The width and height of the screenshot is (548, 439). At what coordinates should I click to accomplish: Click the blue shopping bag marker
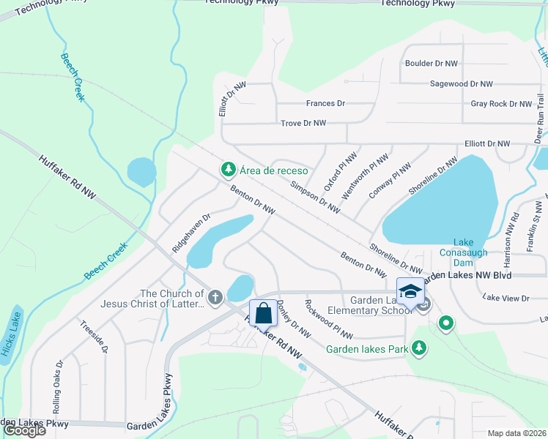click(263, 313)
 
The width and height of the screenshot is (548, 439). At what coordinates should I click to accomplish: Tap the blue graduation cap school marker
click(410, 291)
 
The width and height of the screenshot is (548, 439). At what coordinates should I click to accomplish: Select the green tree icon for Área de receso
click(229, 170)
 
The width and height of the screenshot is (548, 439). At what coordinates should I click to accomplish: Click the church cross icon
click(215, 298)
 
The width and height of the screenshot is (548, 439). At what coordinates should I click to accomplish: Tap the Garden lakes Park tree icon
click(419, 349)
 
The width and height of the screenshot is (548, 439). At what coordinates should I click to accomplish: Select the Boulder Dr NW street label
click(430, 64)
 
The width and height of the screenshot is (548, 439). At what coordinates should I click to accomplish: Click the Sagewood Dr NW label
click(462, 84)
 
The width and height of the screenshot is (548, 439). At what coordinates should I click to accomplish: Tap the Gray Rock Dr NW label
click(500, 104)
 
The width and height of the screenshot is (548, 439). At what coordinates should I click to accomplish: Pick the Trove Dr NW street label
click(303, 124)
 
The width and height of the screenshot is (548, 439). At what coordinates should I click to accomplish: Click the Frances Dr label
click(325, 104)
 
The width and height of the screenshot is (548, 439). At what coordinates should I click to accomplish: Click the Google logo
click(24, 430)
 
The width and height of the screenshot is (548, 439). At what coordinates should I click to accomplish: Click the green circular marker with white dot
click(445, 323)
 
